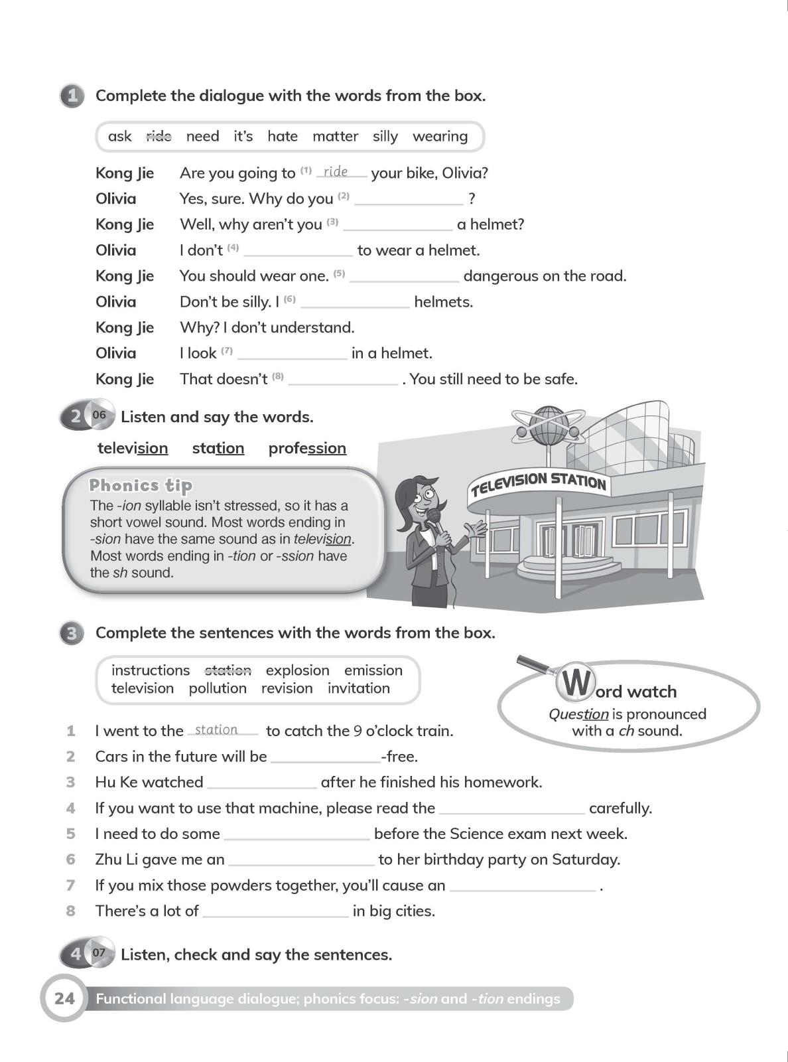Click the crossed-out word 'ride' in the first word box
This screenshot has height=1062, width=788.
coord(159,136)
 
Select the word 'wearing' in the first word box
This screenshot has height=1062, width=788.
coord(440,136)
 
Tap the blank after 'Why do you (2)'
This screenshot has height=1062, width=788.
coord(409,199)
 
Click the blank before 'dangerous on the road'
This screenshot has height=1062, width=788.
coord(404,277)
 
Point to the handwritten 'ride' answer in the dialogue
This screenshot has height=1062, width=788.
coord(336,171)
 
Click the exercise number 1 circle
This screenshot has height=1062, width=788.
coord(72,96)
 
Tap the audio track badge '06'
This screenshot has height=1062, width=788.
coord(99,416)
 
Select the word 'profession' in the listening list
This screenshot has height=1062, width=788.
coord(307,448)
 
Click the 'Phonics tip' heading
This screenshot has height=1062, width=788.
coord(141,485)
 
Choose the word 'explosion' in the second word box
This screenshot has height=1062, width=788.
coord(297,670)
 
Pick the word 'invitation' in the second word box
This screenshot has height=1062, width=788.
coord(358,688)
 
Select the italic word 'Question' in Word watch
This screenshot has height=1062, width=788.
coord(578,714)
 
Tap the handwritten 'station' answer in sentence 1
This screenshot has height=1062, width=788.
coord(216,729)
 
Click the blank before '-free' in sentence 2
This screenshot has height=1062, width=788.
coord(325,757)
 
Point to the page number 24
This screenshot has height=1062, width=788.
coord(64,998)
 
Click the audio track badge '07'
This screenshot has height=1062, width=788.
coord(99,953)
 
